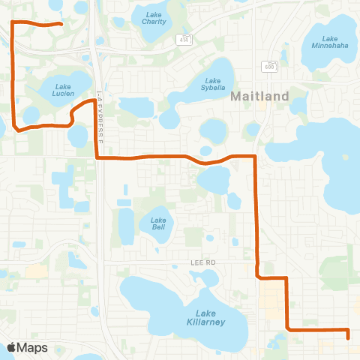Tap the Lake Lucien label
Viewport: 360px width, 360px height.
click(x=63, y=90)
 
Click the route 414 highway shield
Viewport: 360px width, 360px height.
click(x=184, y=38)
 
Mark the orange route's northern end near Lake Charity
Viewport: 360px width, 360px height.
click(x=60, y=25)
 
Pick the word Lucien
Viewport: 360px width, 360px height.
click(x=63, y=94)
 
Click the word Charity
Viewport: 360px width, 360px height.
click(x=154, y=22)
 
